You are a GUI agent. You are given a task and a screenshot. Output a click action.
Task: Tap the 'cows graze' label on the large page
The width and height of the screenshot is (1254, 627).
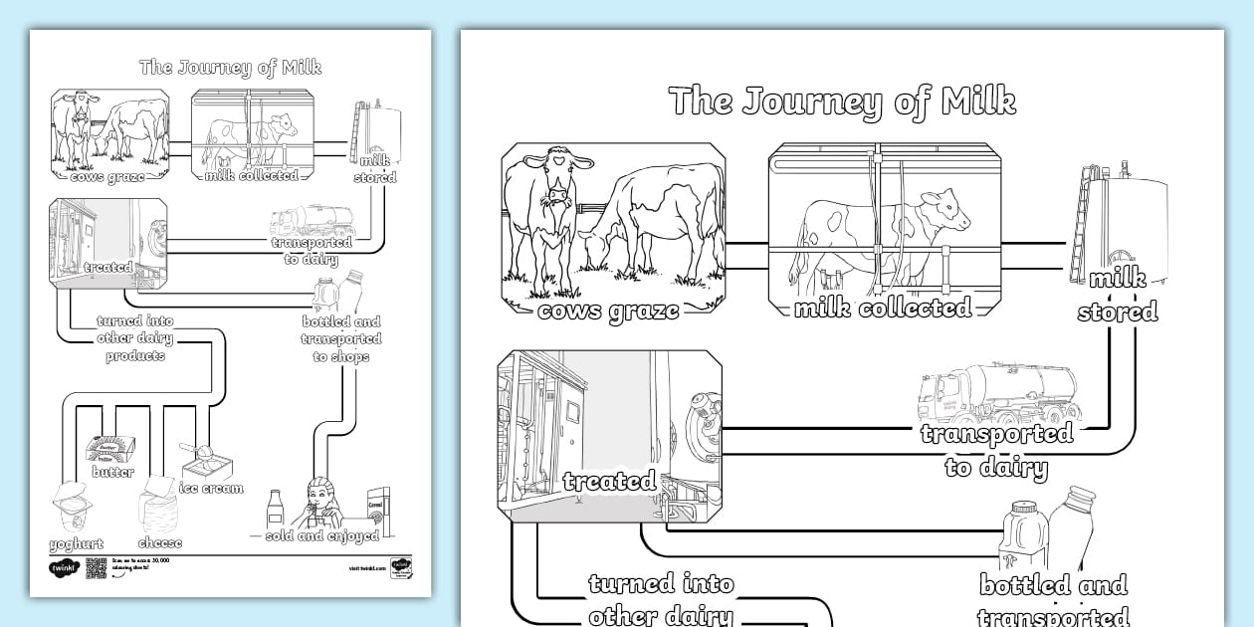[608, 311]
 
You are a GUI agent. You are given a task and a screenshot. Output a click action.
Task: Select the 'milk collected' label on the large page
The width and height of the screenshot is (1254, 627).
[882, 309]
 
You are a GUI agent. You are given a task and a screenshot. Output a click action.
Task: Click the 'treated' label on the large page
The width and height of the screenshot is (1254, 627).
[608, 482]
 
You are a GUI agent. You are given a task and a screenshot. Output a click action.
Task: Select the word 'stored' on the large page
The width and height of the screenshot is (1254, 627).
[1118, 313]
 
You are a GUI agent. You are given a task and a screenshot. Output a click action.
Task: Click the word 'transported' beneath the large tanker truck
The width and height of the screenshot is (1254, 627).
[996, 434]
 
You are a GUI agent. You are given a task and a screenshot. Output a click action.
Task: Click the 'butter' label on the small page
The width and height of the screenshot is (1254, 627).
[112, 472]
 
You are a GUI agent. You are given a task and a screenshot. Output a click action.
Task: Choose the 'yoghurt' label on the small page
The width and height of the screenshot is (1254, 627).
[76, 544]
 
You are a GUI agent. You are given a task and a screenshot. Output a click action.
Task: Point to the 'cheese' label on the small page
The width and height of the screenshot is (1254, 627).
[159, 544]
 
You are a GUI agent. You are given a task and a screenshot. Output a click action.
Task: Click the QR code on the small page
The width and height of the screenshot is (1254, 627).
[97, 568]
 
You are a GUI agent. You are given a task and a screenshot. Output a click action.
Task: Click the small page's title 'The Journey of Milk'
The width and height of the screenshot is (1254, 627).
[230, 68]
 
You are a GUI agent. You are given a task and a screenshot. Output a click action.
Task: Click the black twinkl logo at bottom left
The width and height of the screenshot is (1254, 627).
[63, 569]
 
